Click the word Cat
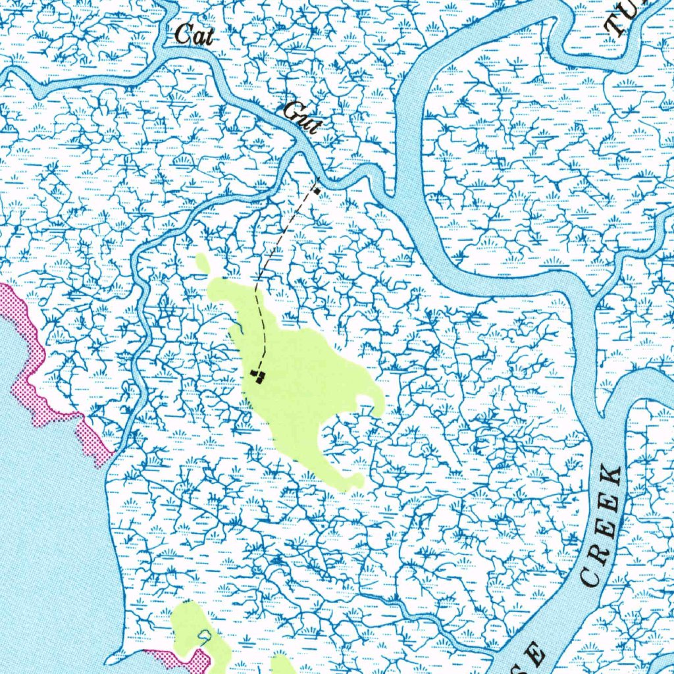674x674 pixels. [x=194, y=36]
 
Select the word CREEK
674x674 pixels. [x=602, y=527]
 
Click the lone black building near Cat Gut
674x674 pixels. [x=317, y=191]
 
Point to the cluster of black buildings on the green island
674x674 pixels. [x=258, y=375]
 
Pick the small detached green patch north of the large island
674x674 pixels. [x=203, y=264]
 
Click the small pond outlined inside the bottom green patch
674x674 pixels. [x=205, y=635]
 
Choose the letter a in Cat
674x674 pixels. [x=196, y=38]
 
